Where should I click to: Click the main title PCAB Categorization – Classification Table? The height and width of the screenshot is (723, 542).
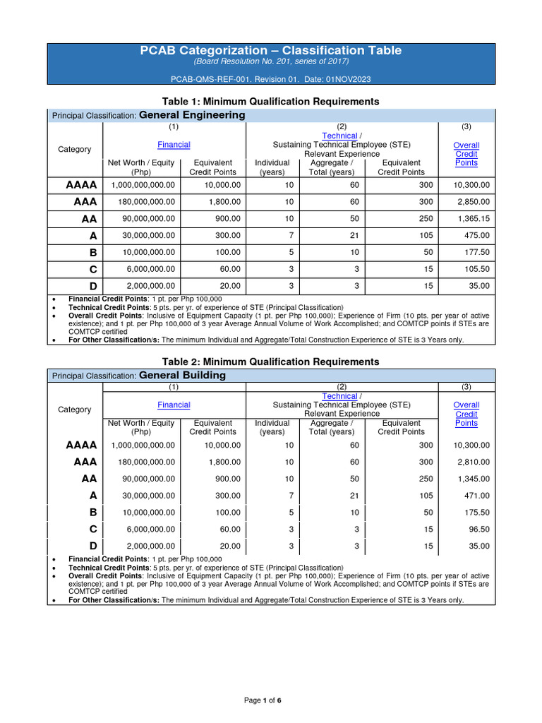click(271, 50)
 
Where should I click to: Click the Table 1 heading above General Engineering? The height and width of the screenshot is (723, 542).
click(271, 102)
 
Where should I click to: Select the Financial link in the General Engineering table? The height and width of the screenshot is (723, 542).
click(174, 145)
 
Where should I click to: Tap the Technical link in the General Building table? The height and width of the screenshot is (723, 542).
click(339, 396)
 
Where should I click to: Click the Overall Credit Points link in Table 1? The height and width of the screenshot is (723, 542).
click(466, 154)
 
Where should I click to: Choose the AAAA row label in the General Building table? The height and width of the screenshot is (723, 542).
click(81, 445)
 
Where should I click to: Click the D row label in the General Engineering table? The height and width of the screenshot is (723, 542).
click(92, 286)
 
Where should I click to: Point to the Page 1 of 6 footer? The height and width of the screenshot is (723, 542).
click(263, 700)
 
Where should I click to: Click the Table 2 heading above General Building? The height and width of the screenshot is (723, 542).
click(271, 361)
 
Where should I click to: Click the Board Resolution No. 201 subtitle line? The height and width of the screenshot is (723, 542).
click(271, 62)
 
